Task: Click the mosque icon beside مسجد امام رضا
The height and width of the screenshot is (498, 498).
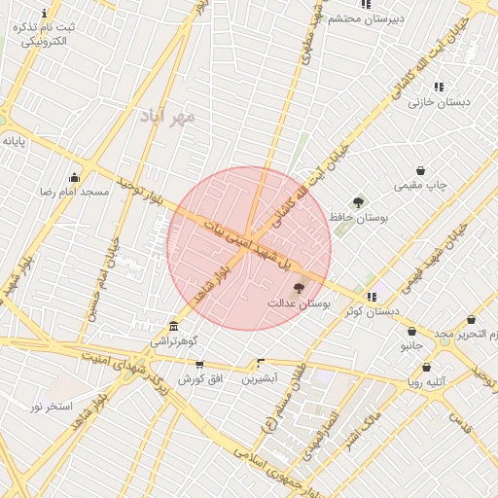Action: click(x=74, y=176)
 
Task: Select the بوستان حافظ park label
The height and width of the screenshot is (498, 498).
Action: click(x=358, y=218)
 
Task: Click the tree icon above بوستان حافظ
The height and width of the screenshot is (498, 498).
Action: click(x=358, y=202)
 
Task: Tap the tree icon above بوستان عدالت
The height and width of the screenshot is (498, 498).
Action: click(x=298, y=288)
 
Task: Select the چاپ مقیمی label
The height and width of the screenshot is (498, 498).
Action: click(x=420, y=185)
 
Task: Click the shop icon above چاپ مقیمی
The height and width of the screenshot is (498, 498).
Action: click(x=420, y=170)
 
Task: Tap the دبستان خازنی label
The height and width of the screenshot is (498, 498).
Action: click(x=439, y=101)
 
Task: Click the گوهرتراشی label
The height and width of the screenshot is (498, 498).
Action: click(x=174, y=341)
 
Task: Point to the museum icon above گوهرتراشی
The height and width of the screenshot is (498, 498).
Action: click(x=173, y=326)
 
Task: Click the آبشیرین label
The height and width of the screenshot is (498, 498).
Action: click(x=260, y=377)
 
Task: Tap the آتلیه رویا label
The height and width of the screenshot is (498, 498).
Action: click(x=426, y=382)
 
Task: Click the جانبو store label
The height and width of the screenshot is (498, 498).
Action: click(x=412, y=345)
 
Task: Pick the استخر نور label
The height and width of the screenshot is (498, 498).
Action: click(x=51, y=405)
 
